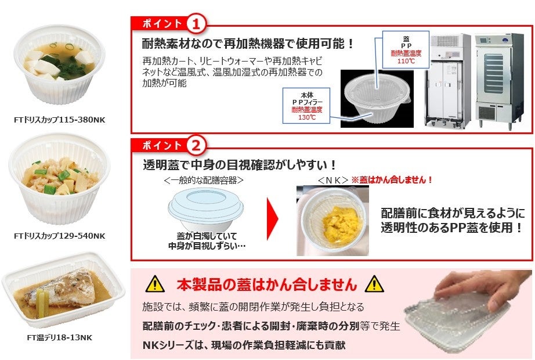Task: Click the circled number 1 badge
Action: tap(196, 24)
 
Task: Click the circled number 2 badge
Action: tap(196, 146)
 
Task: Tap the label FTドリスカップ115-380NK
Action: tap(60, 120)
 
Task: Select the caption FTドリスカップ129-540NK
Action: tap(60, 236)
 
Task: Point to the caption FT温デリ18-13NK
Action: tap(60, 337)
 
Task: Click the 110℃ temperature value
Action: tap(406, 61)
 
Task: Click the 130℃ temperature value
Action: tap(307, 117)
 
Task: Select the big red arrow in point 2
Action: tap(272, 218)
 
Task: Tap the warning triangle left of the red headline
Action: tap(156, 284)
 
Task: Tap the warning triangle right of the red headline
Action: tap(374, 284)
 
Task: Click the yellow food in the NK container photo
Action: tap(339, 219)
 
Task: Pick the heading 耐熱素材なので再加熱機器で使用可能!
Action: tap(248, 44)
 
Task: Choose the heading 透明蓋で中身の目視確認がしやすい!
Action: tap(239, 165)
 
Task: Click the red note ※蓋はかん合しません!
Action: tap(392, 179)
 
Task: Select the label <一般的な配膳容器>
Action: tap(204, 180)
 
